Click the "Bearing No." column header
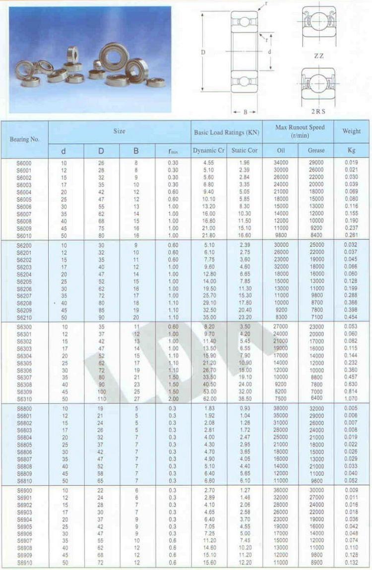point(24,139)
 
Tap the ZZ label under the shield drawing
point(318,56)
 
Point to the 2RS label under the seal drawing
point(318,112)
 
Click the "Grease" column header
point(316,150)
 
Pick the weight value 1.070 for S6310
point(352,398)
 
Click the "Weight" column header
point(352,131)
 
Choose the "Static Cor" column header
point(245,150)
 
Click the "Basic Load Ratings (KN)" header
point(227,132)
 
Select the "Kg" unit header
point(352,150)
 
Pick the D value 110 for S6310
point(102,398)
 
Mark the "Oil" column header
point(280,150)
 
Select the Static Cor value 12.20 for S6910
point(245,563)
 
